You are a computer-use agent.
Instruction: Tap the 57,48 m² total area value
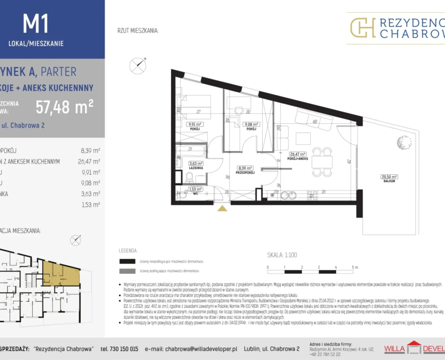pos(64,107)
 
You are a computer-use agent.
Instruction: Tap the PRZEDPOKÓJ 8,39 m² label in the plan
pos(245,171)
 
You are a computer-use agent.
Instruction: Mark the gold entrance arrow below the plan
pos(222,208)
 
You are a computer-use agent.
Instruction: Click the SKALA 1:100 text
pos(282,255)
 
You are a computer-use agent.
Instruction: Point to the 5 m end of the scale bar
pos(352,269)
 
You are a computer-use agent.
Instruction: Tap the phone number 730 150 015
pos(120,348)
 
